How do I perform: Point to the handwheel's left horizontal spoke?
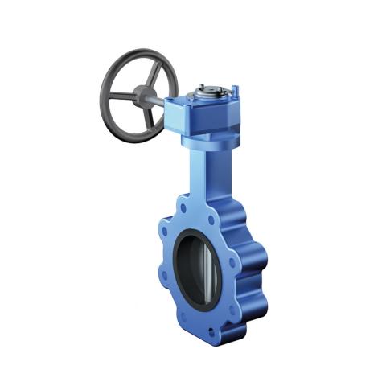coord(120,96)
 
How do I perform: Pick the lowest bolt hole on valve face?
coord(213,329)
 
